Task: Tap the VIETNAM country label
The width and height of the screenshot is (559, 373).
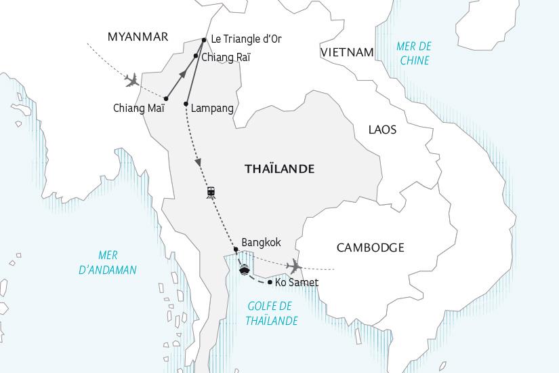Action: coord(348,52)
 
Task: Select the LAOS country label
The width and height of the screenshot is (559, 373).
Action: coord(382,130)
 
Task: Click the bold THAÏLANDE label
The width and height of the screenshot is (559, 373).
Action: coord(279,169)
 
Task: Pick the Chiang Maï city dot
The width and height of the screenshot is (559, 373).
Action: coord(166,98)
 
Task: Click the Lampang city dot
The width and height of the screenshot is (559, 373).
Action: coord(186,103)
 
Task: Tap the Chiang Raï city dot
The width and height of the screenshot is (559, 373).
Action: coord(196,56)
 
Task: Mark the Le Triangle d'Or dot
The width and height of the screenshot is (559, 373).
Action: coord(204,39)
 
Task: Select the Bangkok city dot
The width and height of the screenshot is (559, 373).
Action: coord(236,249)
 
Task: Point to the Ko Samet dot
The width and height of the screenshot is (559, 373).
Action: coord(270,282)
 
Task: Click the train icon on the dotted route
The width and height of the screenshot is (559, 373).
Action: coord(211,192)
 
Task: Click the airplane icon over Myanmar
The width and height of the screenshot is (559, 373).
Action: coord(132,80)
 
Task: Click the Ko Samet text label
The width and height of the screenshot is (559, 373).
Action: coord(297,282)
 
